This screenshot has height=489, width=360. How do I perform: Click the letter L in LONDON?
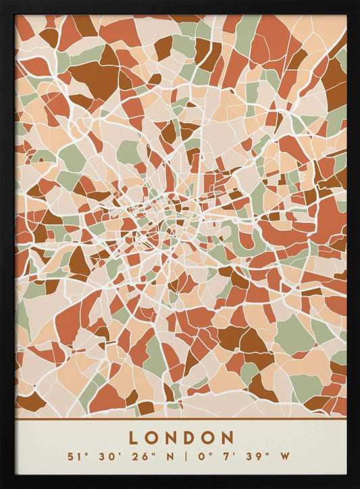(x=134, y=438)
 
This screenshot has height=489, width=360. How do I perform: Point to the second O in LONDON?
(x=209, y=438)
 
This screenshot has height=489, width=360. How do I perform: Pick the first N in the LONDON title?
(x=171, y=438)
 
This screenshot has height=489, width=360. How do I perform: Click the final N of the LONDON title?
(x=228, y=438)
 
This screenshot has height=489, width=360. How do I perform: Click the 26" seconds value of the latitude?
(x=136, y=457)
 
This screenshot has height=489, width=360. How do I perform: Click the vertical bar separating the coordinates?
(x=180, y=457)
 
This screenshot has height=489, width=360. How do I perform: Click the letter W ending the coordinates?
(x=284, y=457)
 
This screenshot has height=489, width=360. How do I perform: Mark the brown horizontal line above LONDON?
(x=180, y=417)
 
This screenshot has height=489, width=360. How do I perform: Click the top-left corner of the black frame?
(x=2, y=2)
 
